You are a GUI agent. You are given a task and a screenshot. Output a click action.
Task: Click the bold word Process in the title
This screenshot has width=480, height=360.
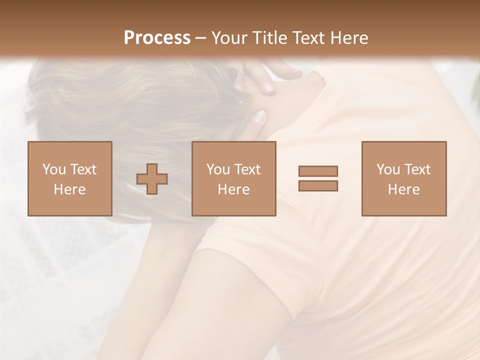click(157, 38)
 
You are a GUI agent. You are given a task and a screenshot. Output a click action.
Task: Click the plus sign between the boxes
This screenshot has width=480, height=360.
click(152, 179)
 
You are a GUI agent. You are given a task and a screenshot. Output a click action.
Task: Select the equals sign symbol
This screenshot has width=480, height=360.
click(318, 178)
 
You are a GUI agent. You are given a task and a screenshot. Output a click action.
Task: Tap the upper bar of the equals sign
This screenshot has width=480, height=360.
click(318, 171)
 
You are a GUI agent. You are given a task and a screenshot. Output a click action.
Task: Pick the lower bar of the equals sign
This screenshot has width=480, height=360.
click(318, 185)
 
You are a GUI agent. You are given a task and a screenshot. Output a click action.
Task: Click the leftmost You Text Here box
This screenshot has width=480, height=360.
click(69, 178)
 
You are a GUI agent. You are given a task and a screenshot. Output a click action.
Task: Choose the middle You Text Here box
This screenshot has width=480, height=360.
click(233, 178)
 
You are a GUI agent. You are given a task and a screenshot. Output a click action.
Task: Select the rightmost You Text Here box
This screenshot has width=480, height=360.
click(403, 178)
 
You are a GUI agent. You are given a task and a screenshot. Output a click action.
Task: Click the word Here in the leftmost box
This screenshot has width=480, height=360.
click(69, 189)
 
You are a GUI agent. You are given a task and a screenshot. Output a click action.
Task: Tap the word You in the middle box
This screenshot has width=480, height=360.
click(218, 169)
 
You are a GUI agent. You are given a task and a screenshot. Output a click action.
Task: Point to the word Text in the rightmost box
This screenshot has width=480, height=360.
click(416, 169)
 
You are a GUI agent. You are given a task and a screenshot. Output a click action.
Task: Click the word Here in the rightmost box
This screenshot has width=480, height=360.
click(403, 189)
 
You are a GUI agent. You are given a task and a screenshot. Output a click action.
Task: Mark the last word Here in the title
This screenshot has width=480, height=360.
click(350, 38)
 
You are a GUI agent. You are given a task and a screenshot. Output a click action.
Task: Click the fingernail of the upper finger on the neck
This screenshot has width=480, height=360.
click(269, 88)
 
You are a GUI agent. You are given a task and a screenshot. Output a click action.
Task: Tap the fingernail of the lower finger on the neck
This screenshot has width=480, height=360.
click(259, 117)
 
